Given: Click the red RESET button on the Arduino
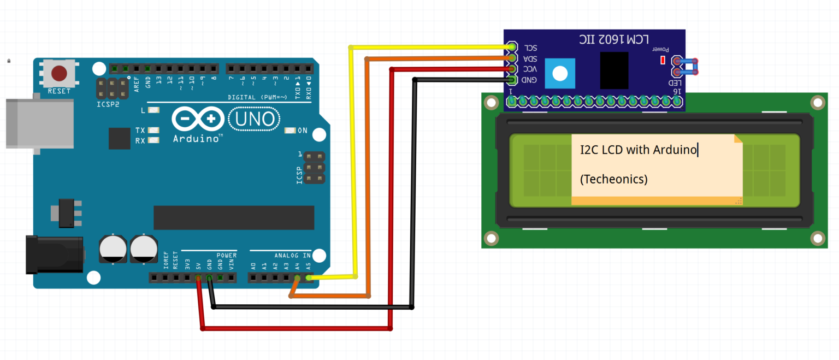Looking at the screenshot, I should click(x=59, y=73).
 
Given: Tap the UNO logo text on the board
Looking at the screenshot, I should click(x=255, y=119).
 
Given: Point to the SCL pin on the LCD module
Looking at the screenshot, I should click(x=512, y=48).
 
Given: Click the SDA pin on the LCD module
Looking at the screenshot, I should click(x=512, y=58).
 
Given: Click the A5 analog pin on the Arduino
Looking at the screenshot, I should click(x=309, y=278).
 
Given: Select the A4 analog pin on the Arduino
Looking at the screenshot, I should click(x=298, y=278).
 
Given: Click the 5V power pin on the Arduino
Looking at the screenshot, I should click(x=198, y=278).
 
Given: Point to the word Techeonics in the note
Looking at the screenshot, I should click(x=614, y=179).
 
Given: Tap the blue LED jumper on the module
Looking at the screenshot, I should click(x=687, y=67).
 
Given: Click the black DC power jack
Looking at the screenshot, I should click(x=54, y=255).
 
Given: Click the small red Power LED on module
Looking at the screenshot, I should click(x=663, y=60).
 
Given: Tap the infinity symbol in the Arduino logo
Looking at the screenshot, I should click(x=197, y=119).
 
